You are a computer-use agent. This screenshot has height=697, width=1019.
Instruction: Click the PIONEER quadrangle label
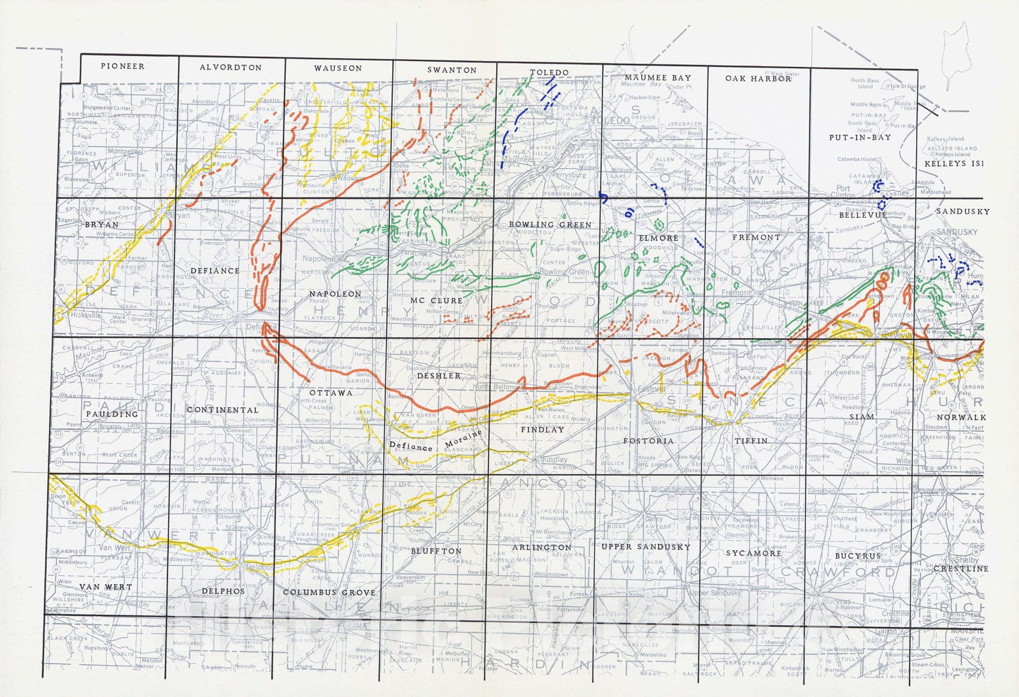122,66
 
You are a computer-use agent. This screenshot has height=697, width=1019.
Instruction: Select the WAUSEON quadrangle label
338,68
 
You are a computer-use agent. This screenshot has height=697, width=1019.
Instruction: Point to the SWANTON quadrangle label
452,70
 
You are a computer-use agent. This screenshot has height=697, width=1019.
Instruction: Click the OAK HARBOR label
758,78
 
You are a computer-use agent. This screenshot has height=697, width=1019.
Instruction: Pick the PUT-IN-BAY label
860,138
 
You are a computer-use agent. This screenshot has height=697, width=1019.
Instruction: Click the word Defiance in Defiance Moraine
411,447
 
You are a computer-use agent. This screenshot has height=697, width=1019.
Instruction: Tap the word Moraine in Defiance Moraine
463,438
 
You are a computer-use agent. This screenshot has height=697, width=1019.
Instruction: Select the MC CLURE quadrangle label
436,300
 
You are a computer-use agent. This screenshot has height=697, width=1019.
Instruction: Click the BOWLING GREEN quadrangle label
550,225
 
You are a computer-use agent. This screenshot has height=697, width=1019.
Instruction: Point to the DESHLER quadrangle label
439,376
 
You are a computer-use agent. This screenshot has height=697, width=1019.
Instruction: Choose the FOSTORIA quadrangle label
648,441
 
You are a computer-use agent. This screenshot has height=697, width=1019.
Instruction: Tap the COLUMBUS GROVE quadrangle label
329,593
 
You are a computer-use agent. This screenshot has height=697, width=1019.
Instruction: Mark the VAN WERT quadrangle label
105,587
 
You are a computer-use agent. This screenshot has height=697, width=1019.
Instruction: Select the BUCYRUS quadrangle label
857,556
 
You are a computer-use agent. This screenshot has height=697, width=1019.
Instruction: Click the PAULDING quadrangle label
112,414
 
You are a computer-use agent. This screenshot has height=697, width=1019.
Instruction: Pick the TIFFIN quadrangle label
751,441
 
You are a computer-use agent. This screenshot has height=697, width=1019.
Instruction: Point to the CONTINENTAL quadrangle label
222,410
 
